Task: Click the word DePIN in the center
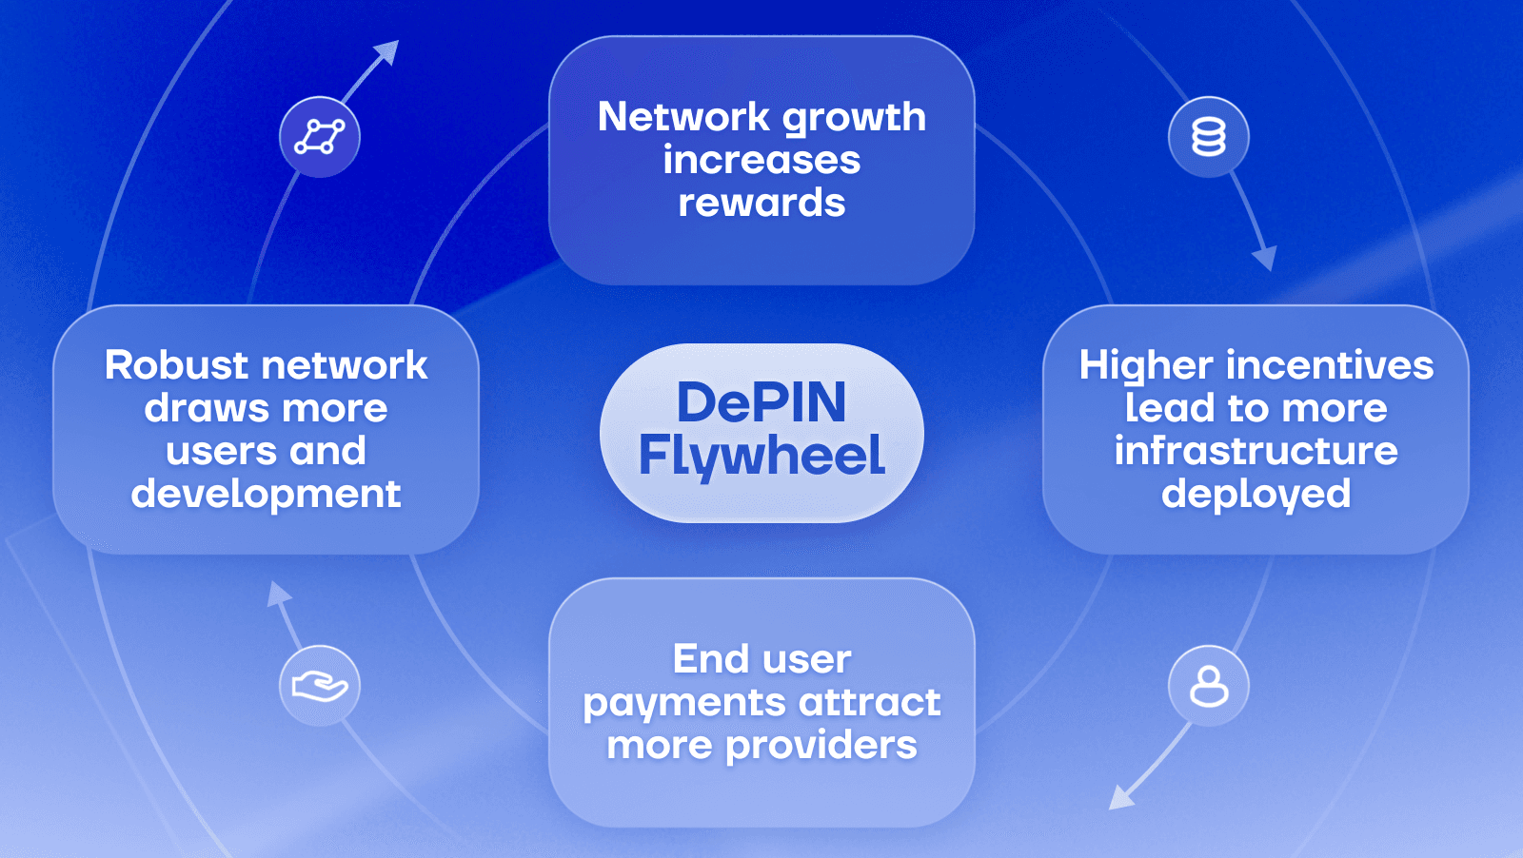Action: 761,402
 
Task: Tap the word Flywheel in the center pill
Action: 761,456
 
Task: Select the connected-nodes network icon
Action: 320,137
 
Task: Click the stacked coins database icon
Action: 1209,137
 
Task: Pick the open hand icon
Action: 320,686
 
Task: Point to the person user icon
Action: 1209,686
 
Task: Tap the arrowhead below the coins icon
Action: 1264,257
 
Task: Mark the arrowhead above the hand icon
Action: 278,594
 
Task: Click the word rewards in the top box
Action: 761,203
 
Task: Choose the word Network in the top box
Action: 683,117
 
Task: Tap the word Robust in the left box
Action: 177,365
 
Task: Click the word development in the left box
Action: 267,495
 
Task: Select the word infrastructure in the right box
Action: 1256,451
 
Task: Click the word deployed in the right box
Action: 1256,495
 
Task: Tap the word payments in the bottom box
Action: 684,704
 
